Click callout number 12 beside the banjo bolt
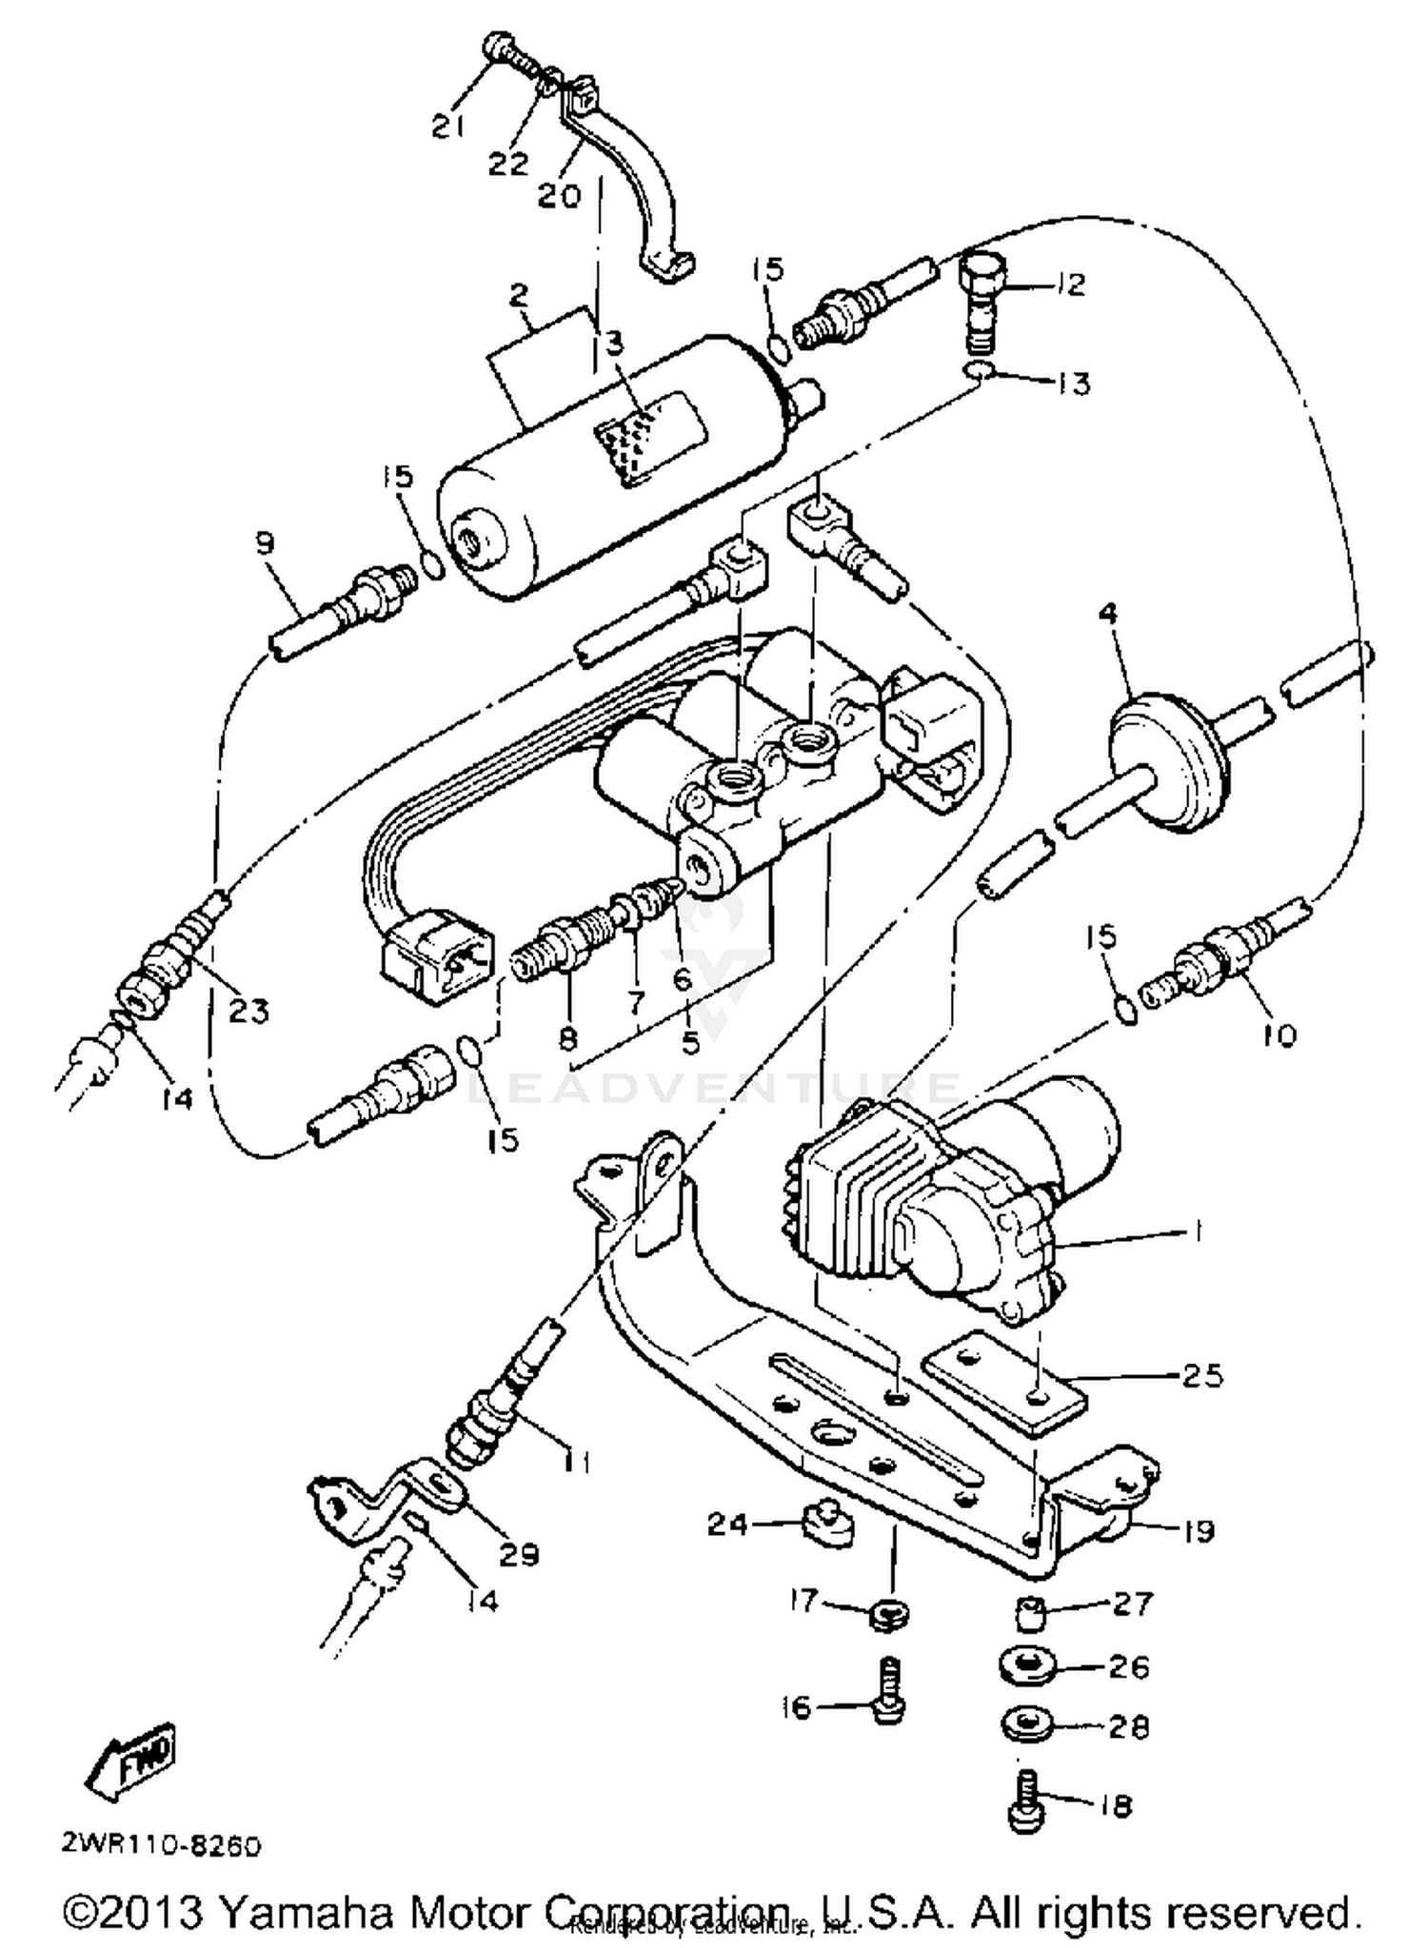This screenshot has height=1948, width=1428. (1071, 284)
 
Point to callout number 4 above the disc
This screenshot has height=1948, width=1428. (1107, 615)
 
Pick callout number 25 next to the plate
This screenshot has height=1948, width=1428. (1201, 1375)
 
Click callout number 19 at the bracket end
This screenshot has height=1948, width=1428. (1199, 1531)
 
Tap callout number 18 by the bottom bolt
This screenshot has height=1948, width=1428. (1116, 1805)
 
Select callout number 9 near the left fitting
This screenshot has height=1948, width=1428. (265, 543)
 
